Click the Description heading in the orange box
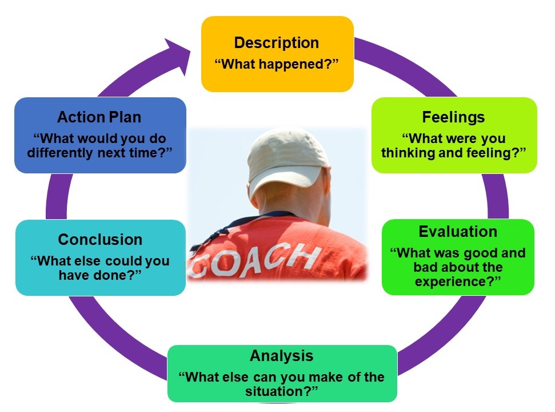[x=277, y=43]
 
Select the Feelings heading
[x=453, y=117]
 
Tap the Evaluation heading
[x=457, y=232]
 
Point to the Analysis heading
[x=281, y=356]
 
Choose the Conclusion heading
[x=100, y=240]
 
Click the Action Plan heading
[x=99, y=117]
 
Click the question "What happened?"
[x=277, y=64]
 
